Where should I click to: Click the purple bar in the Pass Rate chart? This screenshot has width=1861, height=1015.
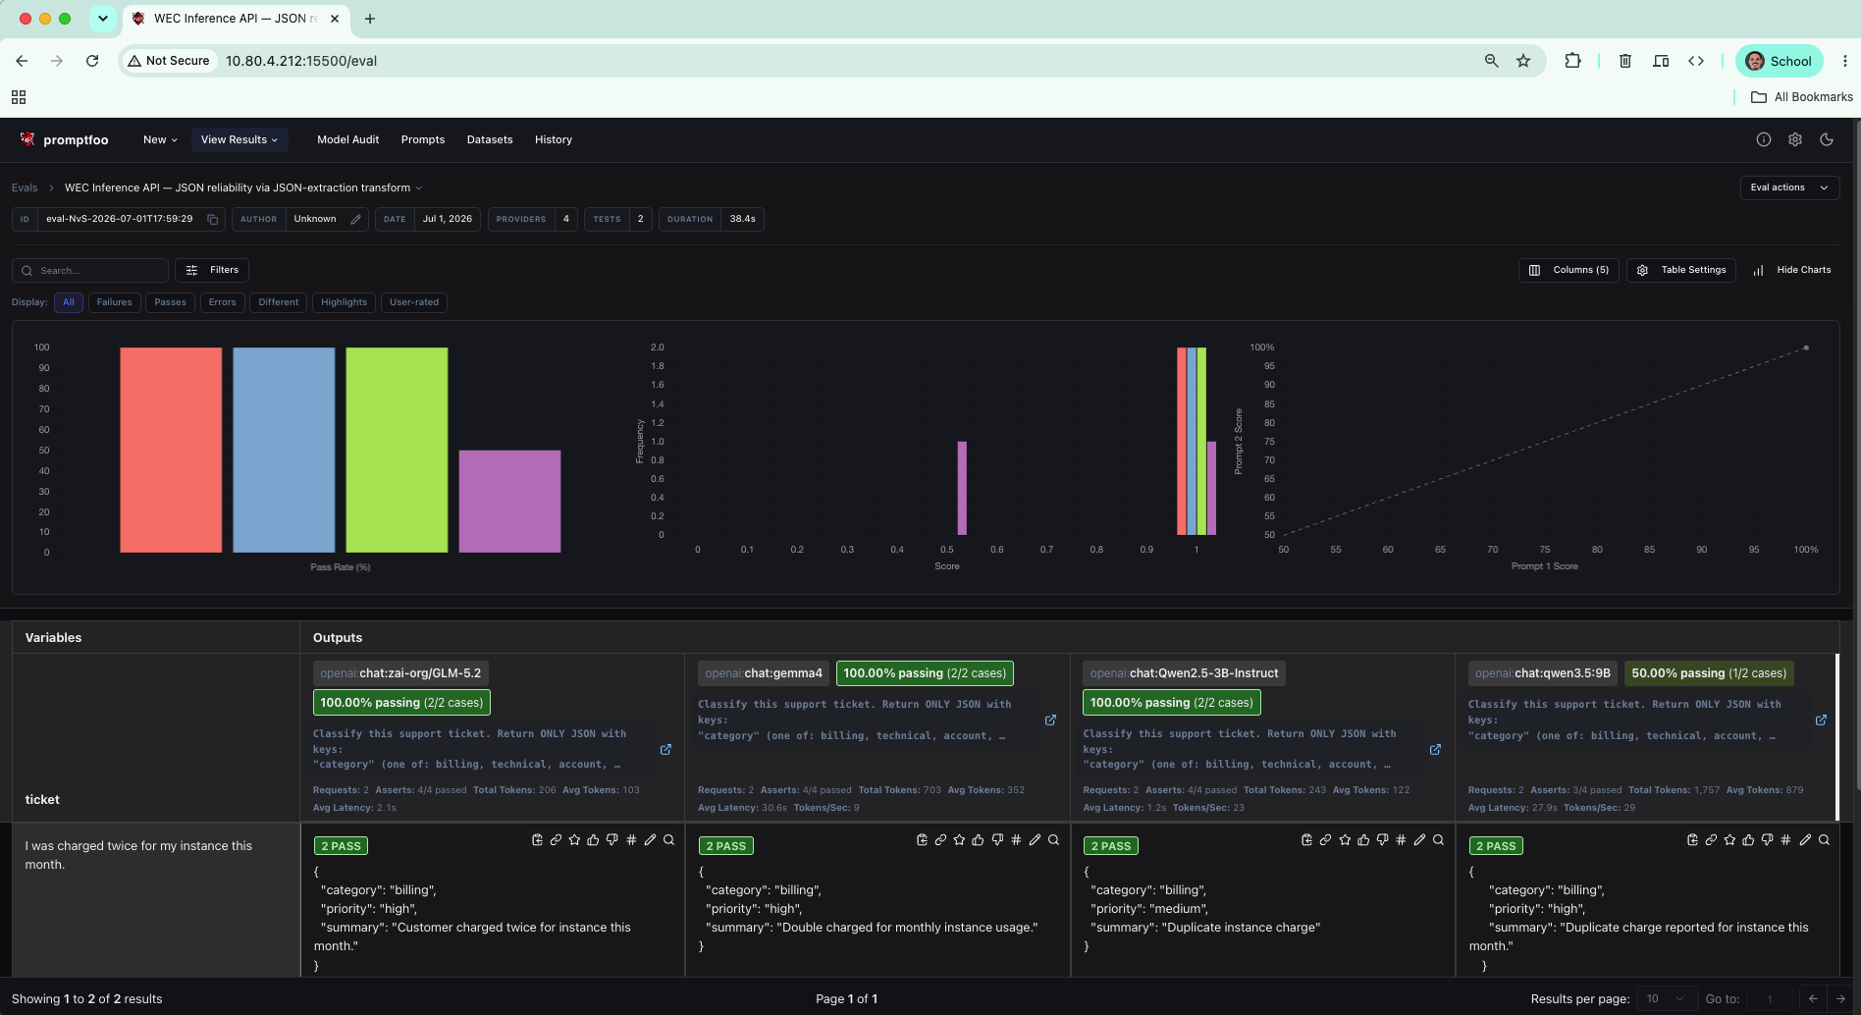coord(509,501)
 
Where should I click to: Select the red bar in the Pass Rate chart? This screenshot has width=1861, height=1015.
coord(171,450)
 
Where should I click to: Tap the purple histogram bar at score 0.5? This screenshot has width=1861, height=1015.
coord(962,488)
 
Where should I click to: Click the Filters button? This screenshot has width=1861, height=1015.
coord(212,270)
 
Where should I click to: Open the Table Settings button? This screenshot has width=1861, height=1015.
coord(1681,270)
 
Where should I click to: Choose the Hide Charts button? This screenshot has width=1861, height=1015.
coord(1792,270)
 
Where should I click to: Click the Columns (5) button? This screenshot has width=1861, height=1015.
coord(1569,270)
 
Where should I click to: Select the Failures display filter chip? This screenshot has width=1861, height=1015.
coord(114,302)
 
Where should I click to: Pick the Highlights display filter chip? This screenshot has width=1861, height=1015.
coord(344,302)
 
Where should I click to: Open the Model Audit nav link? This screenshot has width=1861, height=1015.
coord(347,139)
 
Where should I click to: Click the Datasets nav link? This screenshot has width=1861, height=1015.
coord(490,139)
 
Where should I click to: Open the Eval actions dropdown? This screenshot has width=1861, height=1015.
coord(1789,187)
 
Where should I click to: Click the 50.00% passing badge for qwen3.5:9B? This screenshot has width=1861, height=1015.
coord(1709,673)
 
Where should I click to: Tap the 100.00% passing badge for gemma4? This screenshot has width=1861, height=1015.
coord(925,673)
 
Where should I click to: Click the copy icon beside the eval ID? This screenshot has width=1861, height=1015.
coord(212,219)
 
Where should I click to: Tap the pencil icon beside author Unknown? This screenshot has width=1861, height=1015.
coord(355,219)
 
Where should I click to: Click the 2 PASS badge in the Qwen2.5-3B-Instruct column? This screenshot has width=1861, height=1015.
coord(1110,846)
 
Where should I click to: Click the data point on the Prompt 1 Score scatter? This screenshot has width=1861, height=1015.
coord(1806,347)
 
